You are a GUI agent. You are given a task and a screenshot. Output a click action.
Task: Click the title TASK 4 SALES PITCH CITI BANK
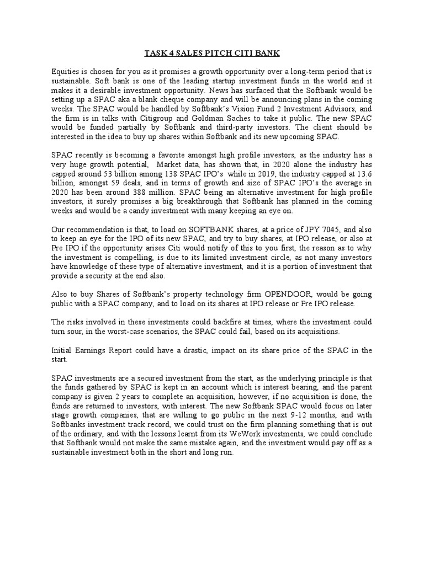[x=211, y=53]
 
